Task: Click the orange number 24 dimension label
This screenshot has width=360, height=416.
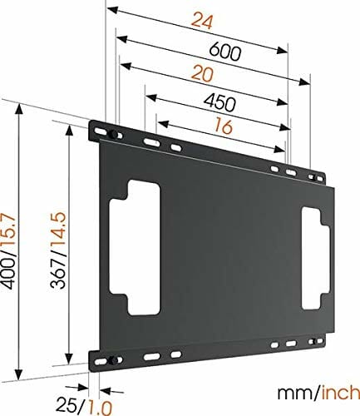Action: click(203, 22)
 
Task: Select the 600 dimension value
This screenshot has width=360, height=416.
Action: click(224, 52)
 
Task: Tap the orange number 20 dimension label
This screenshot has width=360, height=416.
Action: click(203, 73)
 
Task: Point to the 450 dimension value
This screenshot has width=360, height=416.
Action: click(219, 102)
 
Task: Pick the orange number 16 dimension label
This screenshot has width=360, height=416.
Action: click(224, 126)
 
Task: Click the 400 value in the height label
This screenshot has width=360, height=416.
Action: click(7, 274)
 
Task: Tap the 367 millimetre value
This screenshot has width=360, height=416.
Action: click(58, 274)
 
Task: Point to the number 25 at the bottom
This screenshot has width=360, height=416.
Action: click(67, 405)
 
